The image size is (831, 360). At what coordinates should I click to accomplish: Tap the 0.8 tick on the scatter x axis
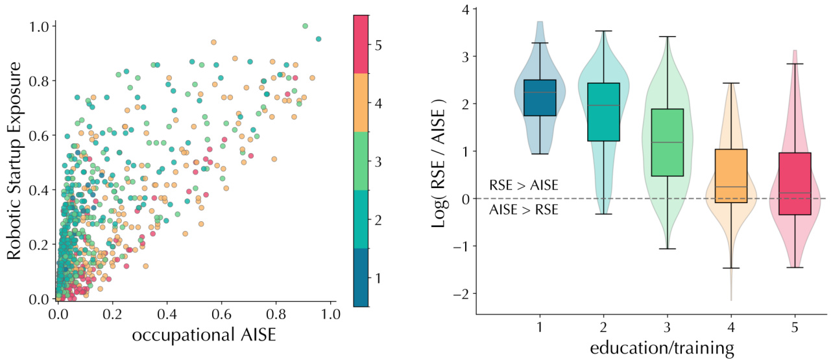[x=276, y=315]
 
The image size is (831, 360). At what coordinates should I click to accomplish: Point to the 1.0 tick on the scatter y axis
[x=40, y=27]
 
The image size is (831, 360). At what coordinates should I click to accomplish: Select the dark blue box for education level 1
[x=540, y=98]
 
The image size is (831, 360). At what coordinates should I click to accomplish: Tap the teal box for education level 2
[x=604, y=112]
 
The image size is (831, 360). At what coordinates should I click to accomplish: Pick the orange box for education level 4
[x=731, y=176]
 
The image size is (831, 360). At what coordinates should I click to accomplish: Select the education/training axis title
[x=661, y=348]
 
